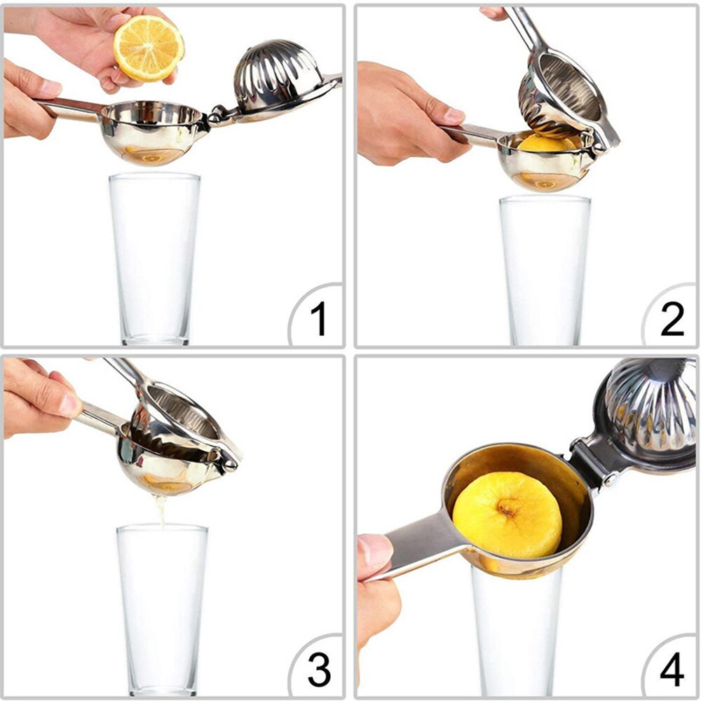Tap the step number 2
click(672, 320)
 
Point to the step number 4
click(671, 671)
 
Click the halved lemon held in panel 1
click(149, 48)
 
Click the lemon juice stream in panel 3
click(162, 510)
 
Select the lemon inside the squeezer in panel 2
click(547, 144)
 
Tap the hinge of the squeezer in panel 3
click(228, 459)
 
